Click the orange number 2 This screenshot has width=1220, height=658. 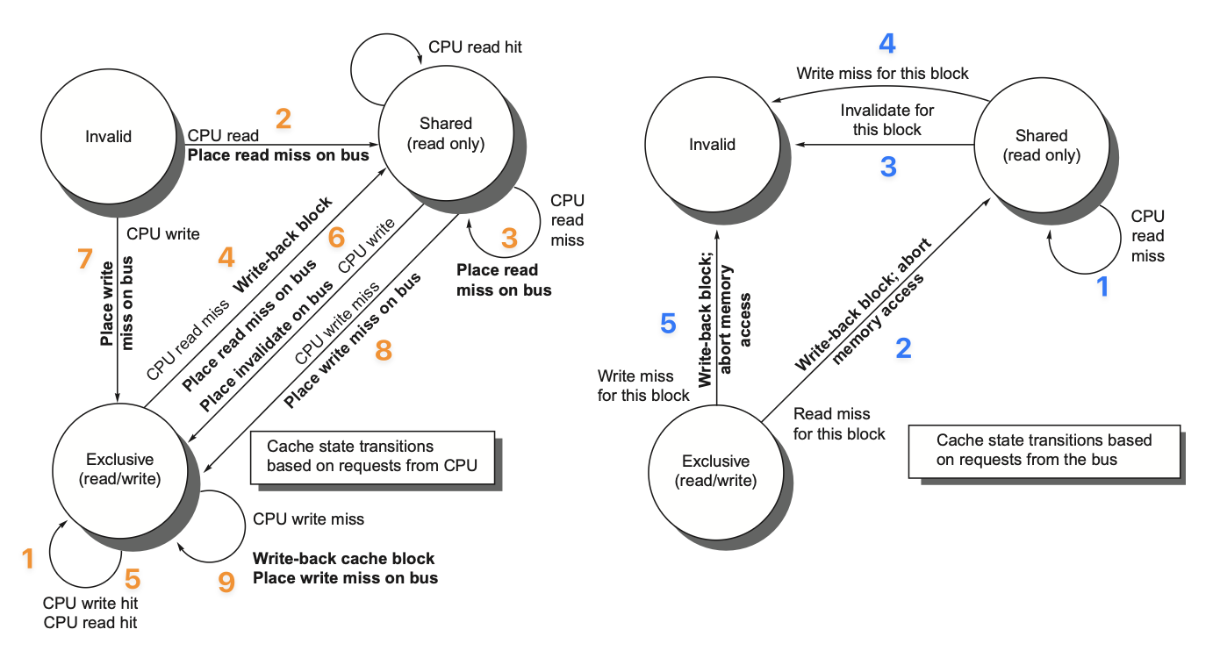[283, 118]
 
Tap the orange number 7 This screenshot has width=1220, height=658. [84, 258]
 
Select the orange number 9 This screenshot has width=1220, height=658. [226, 582]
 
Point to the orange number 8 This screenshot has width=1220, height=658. [383, 350]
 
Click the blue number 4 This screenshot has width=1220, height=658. [887, 43]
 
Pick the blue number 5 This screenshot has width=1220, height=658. [668, 324]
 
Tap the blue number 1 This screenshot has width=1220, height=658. [1103, 286]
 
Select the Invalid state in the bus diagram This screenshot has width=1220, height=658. [712, 144]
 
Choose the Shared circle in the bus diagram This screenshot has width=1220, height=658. [1041, 145]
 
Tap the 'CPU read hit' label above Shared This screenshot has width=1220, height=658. [475, 46]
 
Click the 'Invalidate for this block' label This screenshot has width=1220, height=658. [887, 120]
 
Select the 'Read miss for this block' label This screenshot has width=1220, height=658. [838, 424]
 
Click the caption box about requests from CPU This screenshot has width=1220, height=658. [372, 456]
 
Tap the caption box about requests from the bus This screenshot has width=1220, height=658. [1044, 449]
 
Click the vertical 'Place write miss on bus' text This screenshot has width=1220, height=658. [118, 302]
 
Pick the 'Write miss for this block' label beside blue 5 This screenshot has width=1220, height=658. [643, 385]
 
